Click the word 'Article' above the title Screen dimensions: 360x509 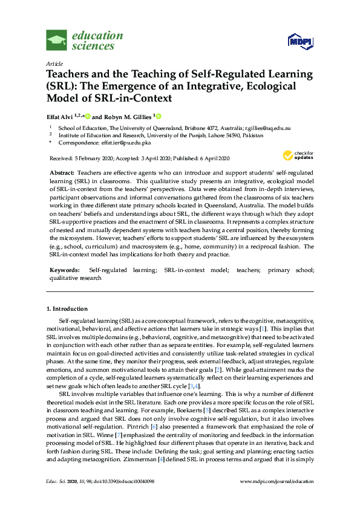pos(54,63)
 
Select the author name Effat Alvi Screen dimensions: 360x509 pos(63,116)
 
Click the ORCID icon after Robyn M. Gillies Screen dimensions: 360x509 pos(159,116)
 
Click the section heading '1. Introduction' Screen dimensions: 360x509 pos(67,309)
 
